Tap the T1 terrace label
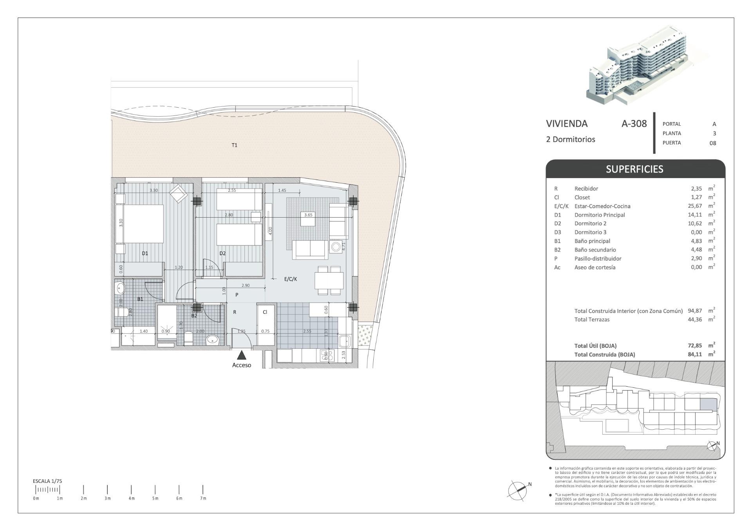234,145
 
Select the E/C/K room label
291,279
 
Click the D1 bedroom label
145,253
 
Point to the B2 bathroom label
194,315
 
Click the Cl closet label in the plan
265,312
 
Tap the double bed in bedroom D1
141,225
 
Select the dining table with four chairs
329,280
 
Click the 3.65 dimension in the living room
308,214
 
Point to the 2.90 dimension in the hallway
246,286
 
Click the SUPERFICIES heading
634,169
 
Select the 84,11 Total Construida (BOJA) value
695,355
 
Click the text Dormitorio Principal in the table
599,215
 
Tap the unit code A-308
634,124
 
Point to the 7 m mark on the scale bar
203,490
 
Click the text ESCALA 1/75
47,481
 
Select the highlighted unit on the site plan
707,404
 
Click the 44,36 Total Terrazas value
695,319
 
